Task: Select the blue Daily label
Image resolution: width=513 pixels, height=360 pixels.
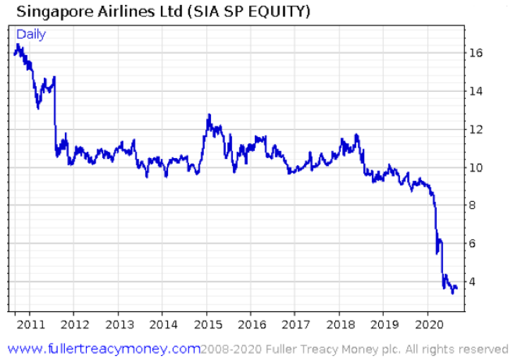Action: click(x=31, y=35)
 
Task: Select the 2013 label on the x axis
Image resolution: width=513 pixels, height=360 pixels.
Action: click(x=118, y=325)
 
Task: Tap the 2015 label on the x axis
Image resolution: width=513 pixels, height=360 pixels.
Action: click(x=206, y=325)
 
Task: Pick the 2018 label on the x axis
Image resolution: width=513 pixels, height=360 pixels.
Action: click(x=339, y=325)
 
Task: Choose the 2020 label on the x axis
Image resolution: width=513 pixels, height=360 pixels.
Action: click(x=427, y=325)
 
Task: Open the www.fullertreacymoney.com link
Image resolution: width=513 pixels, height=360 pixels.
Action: click(x=104, y=349)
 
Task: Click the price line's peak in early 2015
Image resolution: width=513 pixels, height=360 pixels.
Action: click(x=208, y=114)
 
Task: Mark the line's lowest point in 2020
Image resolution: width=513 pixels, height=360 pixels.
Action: click(x=452, y=292)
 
